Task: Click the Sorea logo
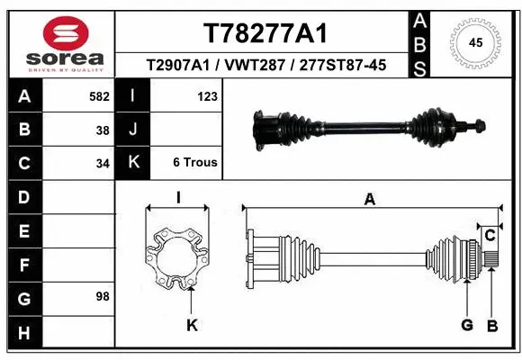pos(59,42)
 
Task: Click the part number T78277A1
pos(265,33)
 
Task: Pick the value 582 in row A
pos(100,94)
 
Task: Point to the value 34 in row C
pos(103,163)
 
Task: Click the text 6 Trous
pos(194,163)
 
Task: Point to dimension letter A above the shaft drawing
pos(369,200)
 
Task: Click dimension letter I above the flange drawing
pos(178,199)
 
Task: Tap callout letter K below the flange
pos(191,325)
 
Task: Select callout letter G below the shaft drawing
pos(467,325)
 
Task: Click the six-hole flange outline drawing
pos(177,258)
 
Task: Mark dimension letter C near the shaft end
pos(490,236)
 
